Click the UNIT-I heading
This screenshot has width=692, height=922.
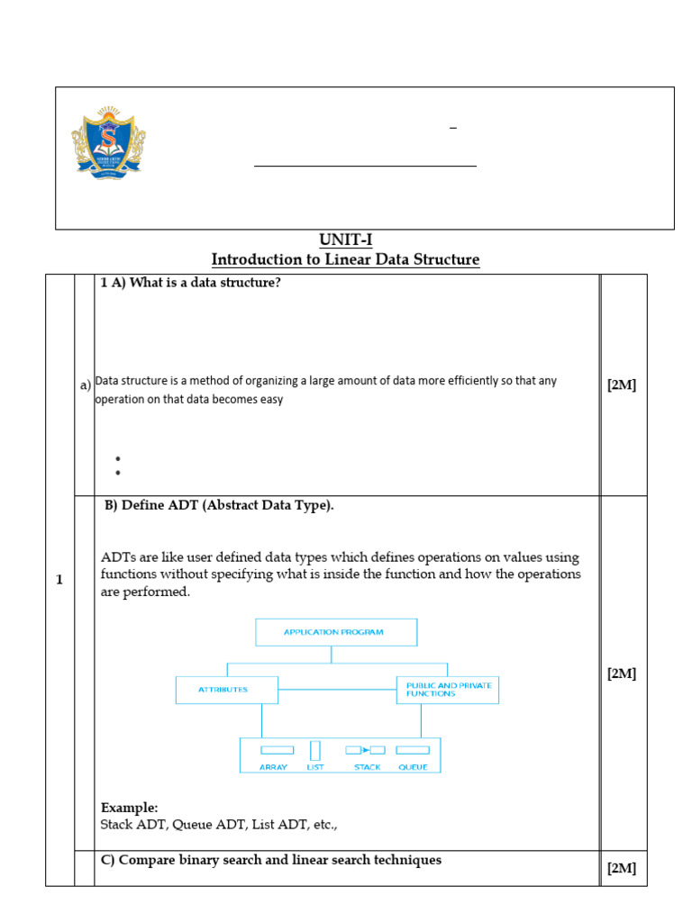click(x=345, y=240)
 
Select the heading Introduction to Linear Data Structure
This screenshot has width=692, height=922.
click(x=345, y=260)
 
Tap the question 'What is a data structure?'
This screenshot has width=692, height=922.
click(x=191, y=283)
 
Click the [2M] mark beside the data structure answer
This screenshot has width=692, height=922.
click(x=622, y=385)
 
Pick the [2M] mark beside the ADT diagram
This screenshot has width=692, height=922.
click(x=622, y=673)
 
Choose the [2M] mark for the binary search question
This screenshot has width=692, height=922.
click(x=622, y=868)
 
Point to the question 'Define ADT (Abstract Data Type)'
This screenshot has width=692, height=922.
click(x=219, y=505)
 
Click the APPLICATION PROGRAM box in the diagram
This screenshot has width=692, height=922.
click(x=335, y=632)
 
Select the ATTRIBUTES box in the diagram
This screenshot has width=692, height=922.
click(x=225, y=691)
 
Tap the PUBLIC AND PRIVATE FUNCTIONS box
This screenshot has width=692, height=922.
click(x=448, y=690)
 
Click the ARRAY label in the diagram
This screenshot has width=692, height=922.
click(x=273, y=767)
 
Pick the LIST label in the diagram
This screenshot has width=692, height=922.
click(x=315, y=767)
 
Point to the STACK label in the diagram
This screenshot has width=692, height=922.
click(x=368, y=767)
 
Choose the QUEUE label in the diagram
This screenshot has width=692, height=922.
click(x=413, y=767)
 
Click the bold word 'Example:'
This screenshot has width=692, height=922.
click(x=129, y=808)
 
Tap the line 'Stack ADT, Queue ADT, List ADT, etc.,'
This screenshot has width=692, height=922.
click(x=219, y=824)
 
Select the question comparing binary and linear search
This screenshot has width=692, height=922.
click(x=271, y=860)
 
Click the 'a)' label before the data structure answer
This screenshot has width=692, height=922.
click(x=86, y=385)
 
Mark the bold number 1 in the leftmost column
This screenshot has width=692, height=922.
click(x=59, y=580)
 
